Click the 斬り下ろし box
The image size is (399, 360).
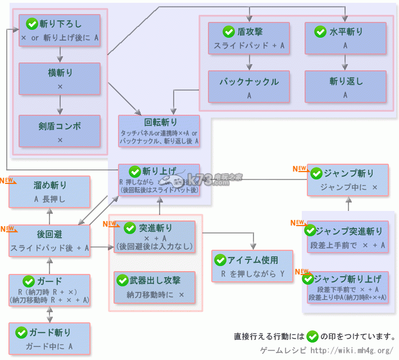tap(60, 30)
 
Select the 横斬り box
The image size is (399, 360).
tap(60, 79)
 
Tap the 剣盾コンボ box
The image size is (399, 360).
tap(60, 130)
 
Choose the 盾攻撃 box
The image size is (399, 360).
tap(248, 38)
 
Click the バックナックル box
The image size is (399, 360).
tap(248, 87)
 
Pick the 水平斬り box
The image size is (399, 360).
tap(346, 38)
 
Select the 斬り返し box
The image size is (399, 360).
tap(346, 87)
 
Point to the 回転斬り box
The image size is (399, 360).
tap(158, 131)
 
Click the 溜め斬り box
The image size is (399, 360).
tap(49, 191)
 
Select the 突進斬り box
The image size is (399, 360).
tap(155, 236)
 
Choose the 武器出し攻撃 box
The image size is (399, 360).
tap(155, 287)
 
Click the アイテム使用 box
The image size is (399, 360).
tap(253, 267)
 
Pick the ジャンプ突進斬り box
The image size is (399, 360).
tap(344, 237)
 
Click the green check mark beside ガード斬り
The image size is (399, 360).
tap(22, 332)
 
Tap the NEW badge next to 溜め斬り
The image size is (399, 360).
tap(8, 181)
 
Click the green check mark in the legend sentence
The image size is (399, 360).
tap(311, 336)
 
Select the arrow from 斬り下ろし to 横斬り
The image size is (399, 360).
tap(60, 54)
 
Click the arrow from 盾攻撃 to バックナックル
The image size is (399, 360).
tap(248, 62)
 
